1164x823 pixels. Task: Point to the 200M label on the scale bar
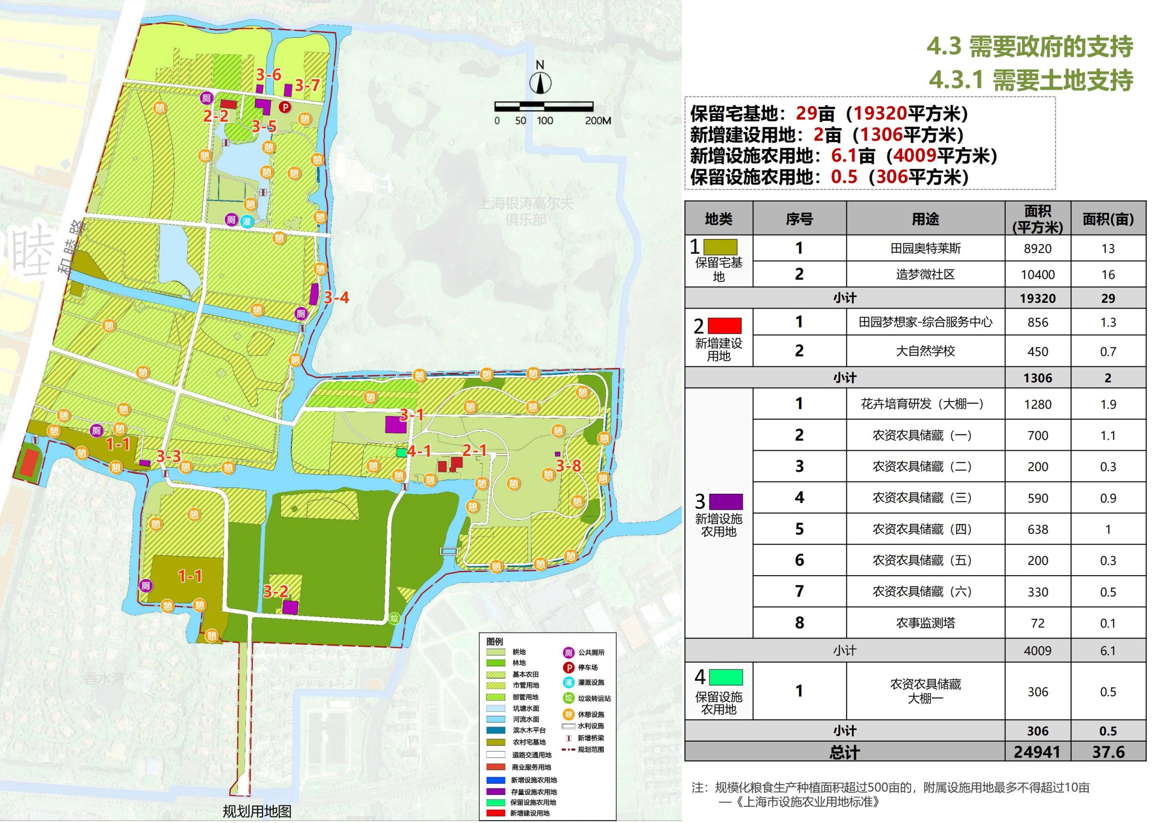point(598,120)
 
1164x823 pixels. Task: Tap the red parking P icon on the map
point(286,107)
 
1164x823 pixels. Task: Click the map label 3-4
point(336,298)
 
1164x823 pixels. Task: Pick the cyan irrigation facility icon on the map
point(246,221)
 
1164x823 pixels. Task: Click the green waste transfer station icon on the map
point(395,618)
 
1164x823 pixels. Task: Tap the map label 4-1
point(419,451)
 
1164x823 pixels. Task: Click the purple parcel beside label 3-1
point(396,424)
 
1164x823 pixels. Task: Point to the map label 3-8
point(568,466)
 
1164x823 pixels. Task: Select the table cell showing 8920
point(1037,248)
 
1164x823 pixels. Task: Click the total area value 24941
point(1037,752)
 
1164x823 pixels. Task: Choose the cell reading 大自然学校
point(925,351)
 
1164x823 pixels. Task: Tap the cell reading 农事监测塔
point(925,622)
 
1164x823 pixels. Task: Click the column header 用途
point(925,219)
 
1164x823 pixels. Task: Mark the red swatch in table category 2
point(724,326)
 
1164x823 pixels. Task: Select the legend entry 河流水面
point(526,719)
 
